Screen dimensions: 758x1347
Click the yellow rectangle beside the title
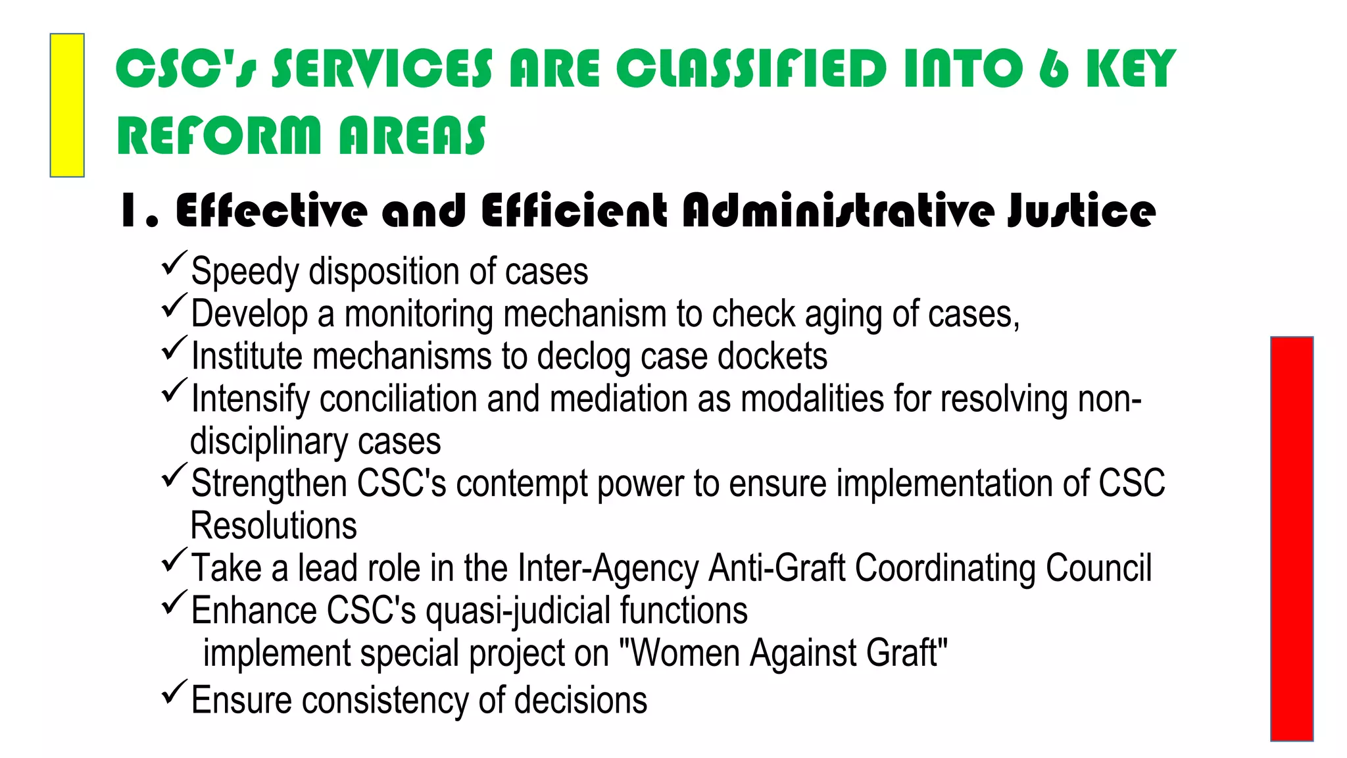[x=67, y=105]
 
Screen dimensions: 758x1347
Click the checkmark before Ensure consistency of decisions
[x=174, y=692]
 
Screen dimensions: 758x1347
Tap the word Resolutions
[x=274, y=526]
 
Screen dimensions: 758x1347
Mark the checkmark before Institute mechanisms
[x=174, y=348]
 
